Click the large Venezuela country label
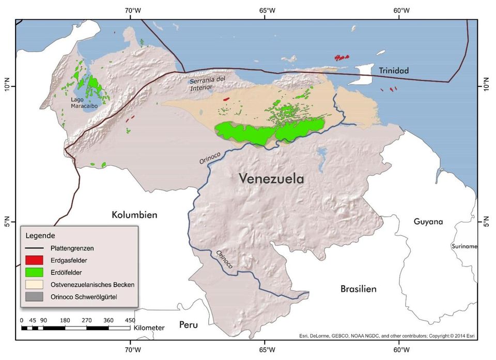tap(271, 179)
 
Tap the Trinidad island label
tap(393, 71)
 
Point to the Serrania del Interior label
tap(207, 84)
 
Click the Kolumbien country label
tap(134, 214)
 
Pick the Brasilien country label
tap(358, 289)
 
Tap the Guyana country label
tap(428, 222)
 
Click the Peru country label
tap(189, 324)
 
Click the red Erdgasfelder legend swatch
tap(35, 260)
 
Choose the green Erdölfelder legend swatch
tap(35, 272)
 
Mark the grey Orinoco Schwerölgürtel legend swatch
tap(35, 296)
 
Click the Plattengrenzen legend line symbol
tap(35, 248)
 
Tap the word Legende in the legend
tap(40, 236)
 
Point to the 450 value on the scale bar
tap(130, 320)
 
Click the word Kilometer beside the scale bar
tap(149, 327)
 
